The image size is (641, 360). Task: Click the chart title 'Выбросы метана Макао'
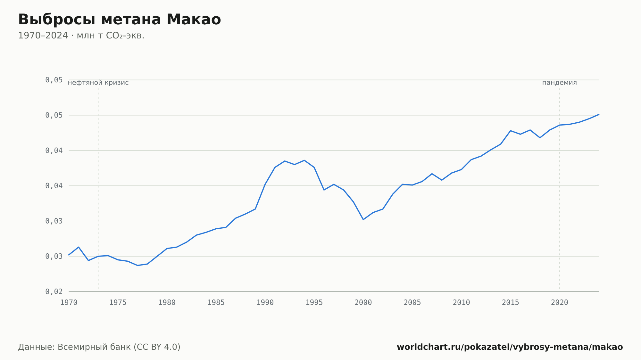pos(120,20)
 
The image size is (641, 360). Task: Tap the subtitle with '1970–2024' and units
pos(81,36)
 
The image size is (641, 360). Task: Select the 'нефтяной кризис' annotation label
pos(98,83)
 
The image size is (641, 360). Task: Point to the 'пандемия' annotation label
pos(559,83)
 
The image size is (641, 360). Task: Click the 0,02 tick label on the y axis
pos(54,291)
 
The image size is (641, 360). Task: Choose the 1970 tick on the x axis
pos(69,303)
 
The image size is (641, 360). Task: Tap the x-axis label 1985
pos(216,303)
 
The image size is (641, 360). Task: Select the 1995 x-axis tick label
pos(314,303)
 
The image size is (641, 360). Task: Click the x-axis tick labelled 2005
pos(412,303)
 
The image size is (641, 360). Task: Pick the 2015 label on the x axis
pos(510,303)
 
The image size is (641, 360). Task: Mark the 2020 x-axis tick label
pos(560,303)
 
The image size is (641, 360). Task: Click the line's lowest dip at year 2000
pos(363,219)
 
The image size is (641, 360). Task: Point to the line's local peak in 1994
pos(304,160)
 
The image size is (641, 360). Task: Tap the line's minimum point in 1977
pos(137,265)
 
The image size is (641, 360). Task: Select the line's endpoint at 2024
pos(599,114)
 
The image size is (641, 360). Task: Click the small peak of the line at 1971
pos(79,247)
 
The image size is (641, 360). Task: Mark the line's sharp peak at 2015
pos(510,131)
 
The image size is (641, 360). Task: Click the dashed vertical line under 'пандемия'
pos(560,189)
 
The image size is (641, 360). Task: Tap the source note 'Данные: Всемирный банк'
pos(99,347)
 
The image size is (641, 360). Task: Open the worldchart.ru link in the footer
pos(510,347)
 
